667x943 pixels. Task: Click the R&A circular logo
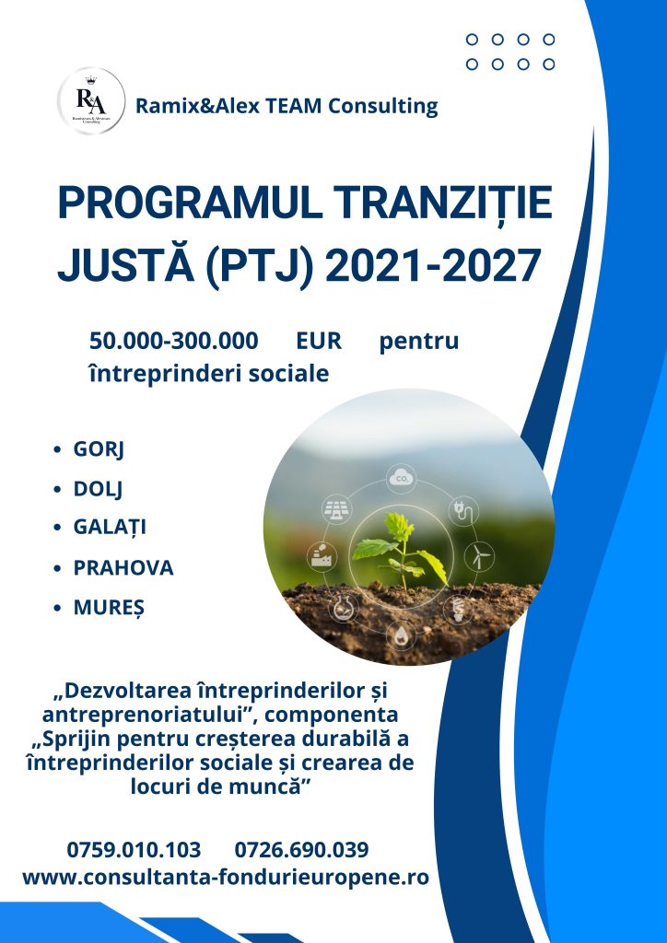(x=91, y=101)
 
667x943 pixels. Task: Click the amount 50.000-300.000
(x=174, y=341)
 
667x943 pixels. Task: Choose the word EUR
(x=319, y=341)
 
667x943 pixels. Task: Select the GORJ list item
(x=99, y=449)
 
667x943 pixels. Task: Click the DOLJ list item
(x=98, y=489)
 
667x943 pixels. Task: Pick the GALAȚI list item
(x=110, y=528)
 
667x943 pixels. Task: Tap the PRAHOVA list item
(x=123, y=567)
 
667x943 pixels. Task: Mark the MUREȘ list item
(x=109, y=608)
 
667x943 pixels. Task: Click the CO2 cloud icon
(x=401, y=479)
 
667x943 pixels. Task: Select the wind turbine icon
(x=479, y=555)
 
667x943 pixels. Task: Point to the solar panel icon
(x=338, y=510)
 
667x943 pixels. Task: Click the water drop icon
(x=401, y=636)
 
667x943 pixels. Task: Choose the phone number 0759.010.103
(x=134, y=850)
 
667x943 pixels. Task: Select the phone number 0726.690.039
(x=301, y=850)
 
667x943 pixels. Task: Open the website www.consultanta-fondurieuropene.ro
(x=226, y=877)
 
